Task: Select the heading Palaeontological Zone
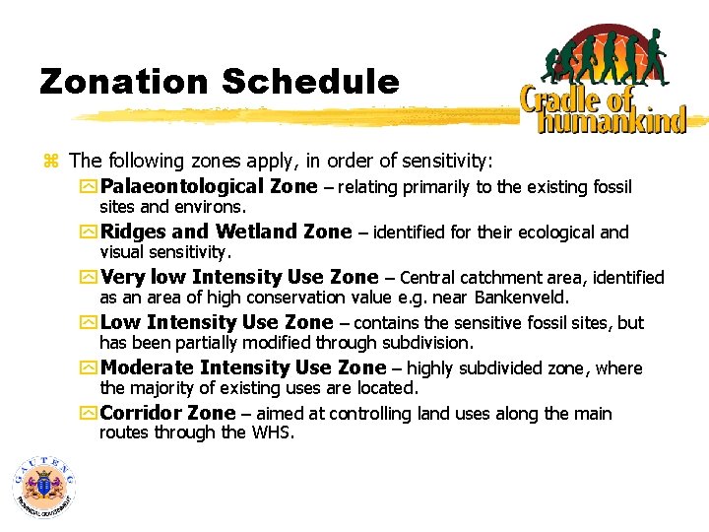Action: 209,187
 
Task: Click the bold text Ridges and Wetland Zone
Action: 226,233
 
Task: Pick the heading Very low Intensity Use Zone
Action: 239,278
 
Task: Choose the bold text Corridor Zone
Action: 168,414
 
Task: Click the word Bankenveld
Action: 522,298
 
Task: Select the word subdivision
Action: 421,343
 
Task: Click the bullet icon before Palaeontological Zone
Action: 91,187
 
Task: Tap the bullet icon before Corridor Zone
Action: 91,414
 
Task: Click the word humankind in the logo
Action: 611,121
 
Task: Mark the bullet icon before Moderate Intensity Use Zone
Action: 91,368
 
